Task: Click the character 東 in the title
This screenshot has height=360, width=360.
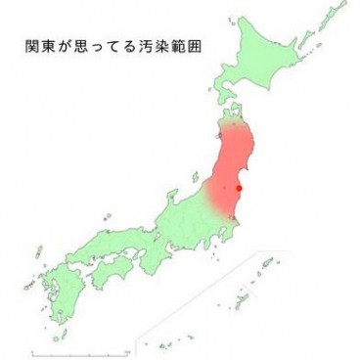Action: tap(52, 45)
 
